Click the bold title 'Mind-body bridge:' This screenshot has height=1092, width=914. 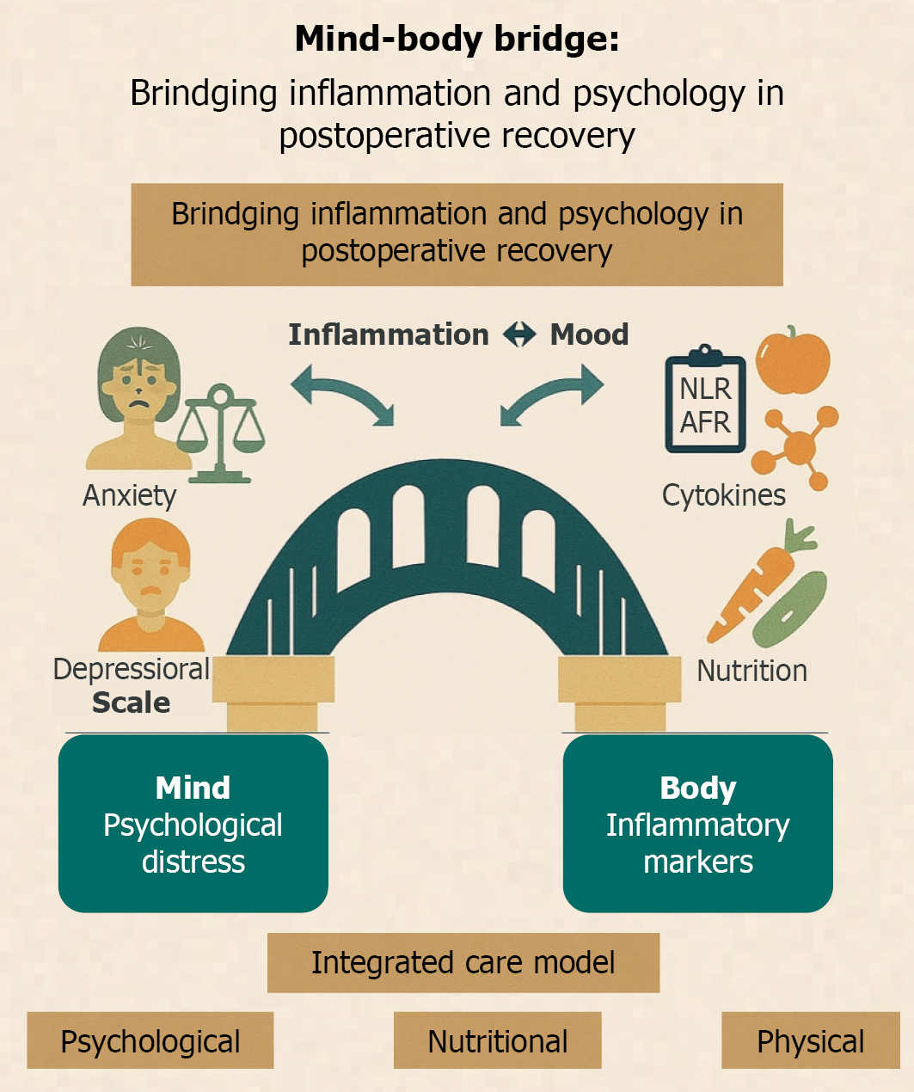457,40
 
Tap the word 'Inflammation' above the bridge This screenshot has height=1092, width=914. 389,334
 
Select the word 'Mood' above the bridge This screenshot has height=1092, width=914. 589,334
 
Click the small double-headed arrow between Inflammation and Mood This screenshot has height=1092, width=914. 519,334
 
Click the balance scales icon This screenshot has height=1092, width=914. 221,433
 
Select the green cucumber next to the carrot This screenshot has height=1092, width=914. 789,610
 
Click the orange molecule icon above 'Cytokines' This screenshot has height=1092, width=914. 794,447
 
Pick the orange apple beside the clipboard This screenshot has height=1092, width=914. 793,359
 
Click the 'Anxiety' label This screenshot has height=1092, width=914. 129,496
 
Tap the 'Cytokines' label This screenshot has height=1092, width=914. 724,494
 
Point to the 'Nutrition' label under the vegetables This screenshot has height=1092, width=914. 751,671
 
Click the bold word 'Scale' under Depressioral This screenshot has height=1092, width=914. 132,702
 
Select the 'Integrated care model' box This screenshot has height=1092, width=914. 463,963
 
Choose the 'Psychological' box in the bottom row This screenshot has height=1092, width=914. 150,1040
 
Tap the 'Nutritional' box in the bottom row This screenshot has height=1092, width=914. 497,1040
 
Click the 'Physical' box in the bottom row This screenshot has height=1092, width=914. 811,1040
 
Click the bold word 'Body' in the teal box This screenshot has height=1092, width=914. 698,788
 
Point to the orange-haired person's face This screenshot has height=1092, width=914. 150,575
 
